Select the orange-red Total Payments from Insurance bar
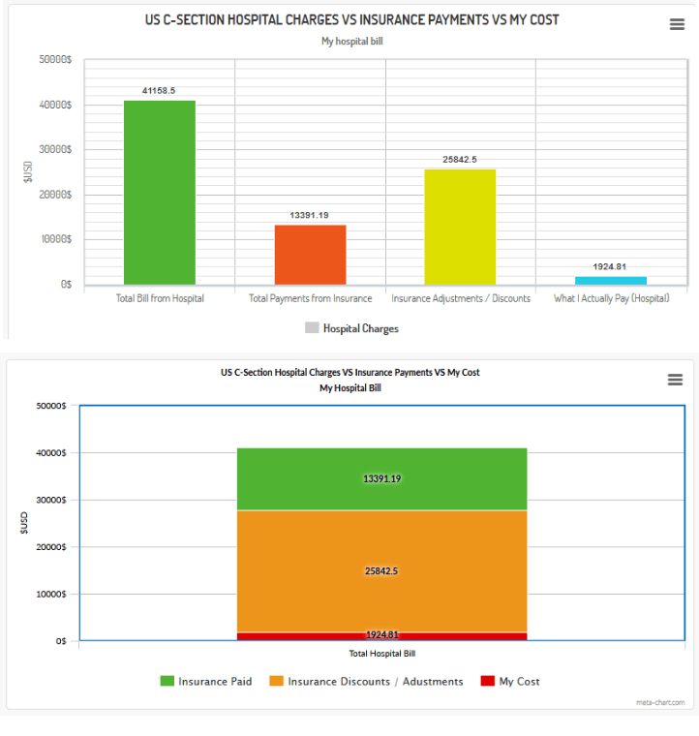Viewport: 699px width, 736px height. pos(310,255)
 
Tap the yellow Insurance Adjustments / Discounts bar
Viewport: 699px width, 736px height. pos(460,227)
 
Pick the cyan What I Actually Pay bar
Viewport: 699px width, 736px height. pos(610,281)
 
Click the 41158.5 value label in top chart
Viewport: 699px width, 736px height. pos(159,90)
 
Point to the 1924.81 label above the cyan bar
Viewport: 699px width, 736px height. pos(610,266)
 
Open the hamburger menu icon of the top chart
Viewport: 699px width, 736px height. pos(677,25)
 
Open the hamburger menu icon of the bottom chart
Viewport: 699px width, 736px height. pos(675,380)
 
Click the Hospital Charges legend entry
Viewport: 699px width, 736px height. pos(351,328)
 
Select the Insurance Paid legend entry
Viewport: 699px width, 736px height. pos(206,681)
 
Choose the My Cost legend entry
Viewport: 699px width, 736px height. pos(510,681)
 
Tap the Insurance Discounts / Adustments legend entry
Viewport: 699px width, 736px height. pos(366,681)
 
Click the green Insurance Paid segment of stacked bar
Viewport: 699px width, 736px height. pos(382,478)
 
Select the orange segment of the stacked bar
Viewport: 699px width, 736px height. pos(382,571)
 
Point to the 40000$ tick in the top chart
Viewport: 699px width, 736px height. pos(54,105)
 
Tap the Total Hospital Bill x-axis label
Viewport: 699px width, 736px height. pos(382,653)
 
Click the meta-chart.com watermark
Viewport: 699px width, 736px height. pos(659,702)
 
